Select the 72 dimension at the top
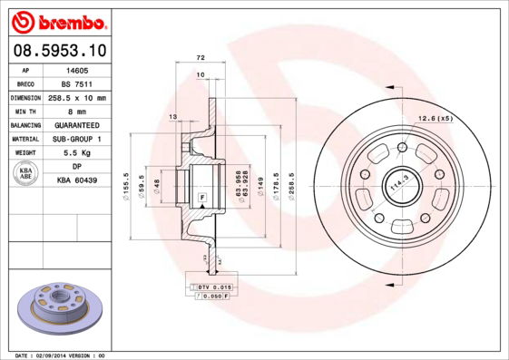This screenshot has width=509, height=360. [x=201, y=57]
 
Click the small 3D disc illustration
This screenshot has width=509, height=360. [x=62, y=309]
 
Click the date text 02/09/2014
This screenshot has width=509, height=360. [x=56, y=355]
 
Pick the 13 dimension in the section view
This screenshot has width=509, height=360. [x=173, y=117]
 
